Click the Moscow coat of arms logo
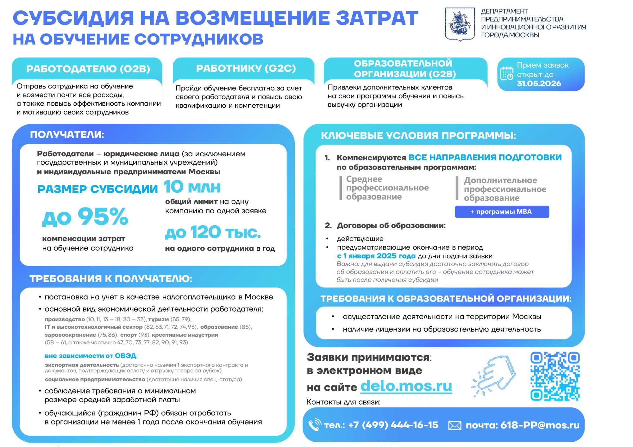(460, 24)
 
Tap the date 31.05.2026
(539, 84)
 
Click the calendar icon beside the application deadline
(506, 74)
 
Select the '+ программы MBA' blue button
(502, 212)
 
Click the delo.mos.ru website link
(406, 386)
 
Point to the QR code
(555, 376)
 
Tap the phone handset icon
(315, 425)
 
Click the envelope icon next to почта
(454, 425)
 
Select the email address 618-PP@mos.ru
(540, 425)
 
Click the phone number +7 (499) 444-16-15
(393, 425)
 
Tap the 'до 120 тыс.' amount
(213, 233)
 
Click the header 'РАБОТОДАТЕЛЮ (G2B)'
(88, 69)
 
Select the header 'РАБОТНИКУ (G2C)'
(246, 68)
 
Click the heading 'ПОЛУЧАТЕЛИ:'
(67, 135)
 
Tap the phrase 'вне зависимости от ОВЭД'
(91, 356)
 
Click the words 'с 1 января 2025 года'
(376, 256)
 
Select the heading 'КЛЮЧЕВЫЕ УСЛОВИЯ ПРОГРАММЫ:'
(418, 136)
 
